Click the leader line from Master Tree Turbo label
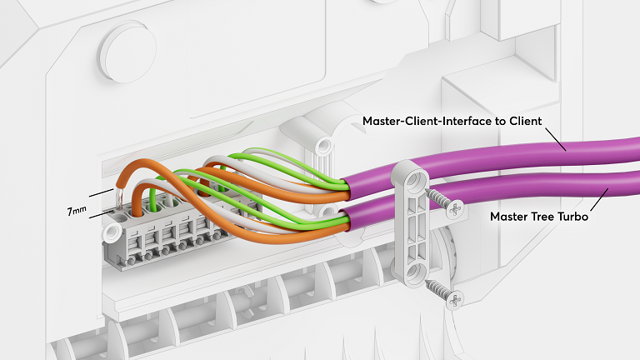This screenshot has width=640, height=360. pyautogui.click(x=595, y=201)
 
